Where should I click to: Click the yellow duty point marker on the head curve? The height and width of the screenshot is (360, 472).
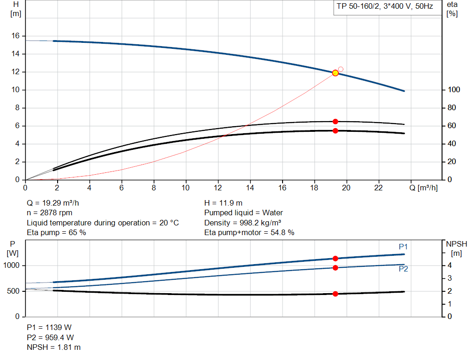click(336, 73)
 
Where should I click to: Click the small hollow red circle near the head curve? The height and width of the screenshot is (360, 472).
click(341, 69)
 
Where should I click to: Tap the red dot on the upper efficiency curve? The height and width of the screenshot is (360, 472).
click(336, 121)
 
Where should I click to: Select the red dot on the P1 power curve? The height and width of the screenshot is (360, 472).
click(336, 259)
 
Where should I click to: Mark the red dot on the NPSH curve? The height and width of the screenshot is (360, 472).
click(336, 294)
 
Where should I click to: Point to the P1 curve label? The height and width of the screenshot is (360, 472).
click(403, 247)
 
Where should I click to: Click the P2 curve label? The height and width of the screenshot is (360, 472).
click(403, 269)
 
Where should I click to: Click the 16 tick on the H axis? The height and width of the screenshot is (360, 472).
click(15, 36)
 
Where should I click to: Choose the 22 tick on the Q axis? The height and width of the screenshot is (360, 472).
click(378, 188)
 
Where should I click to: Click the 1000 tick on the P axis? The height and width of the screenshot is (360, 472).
click(12, 266)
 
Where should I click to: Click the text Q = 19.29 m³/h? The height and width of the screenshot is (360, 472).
click(56, 203)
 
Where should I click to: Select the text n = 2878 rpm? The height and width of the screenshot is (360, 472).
click(50, 213)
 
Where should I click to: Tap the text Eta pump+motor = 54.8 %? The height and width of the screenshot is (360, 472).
click(249, 233)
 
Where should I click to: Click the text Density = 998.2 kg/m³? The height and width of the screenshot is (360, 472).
click(243, 223)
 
